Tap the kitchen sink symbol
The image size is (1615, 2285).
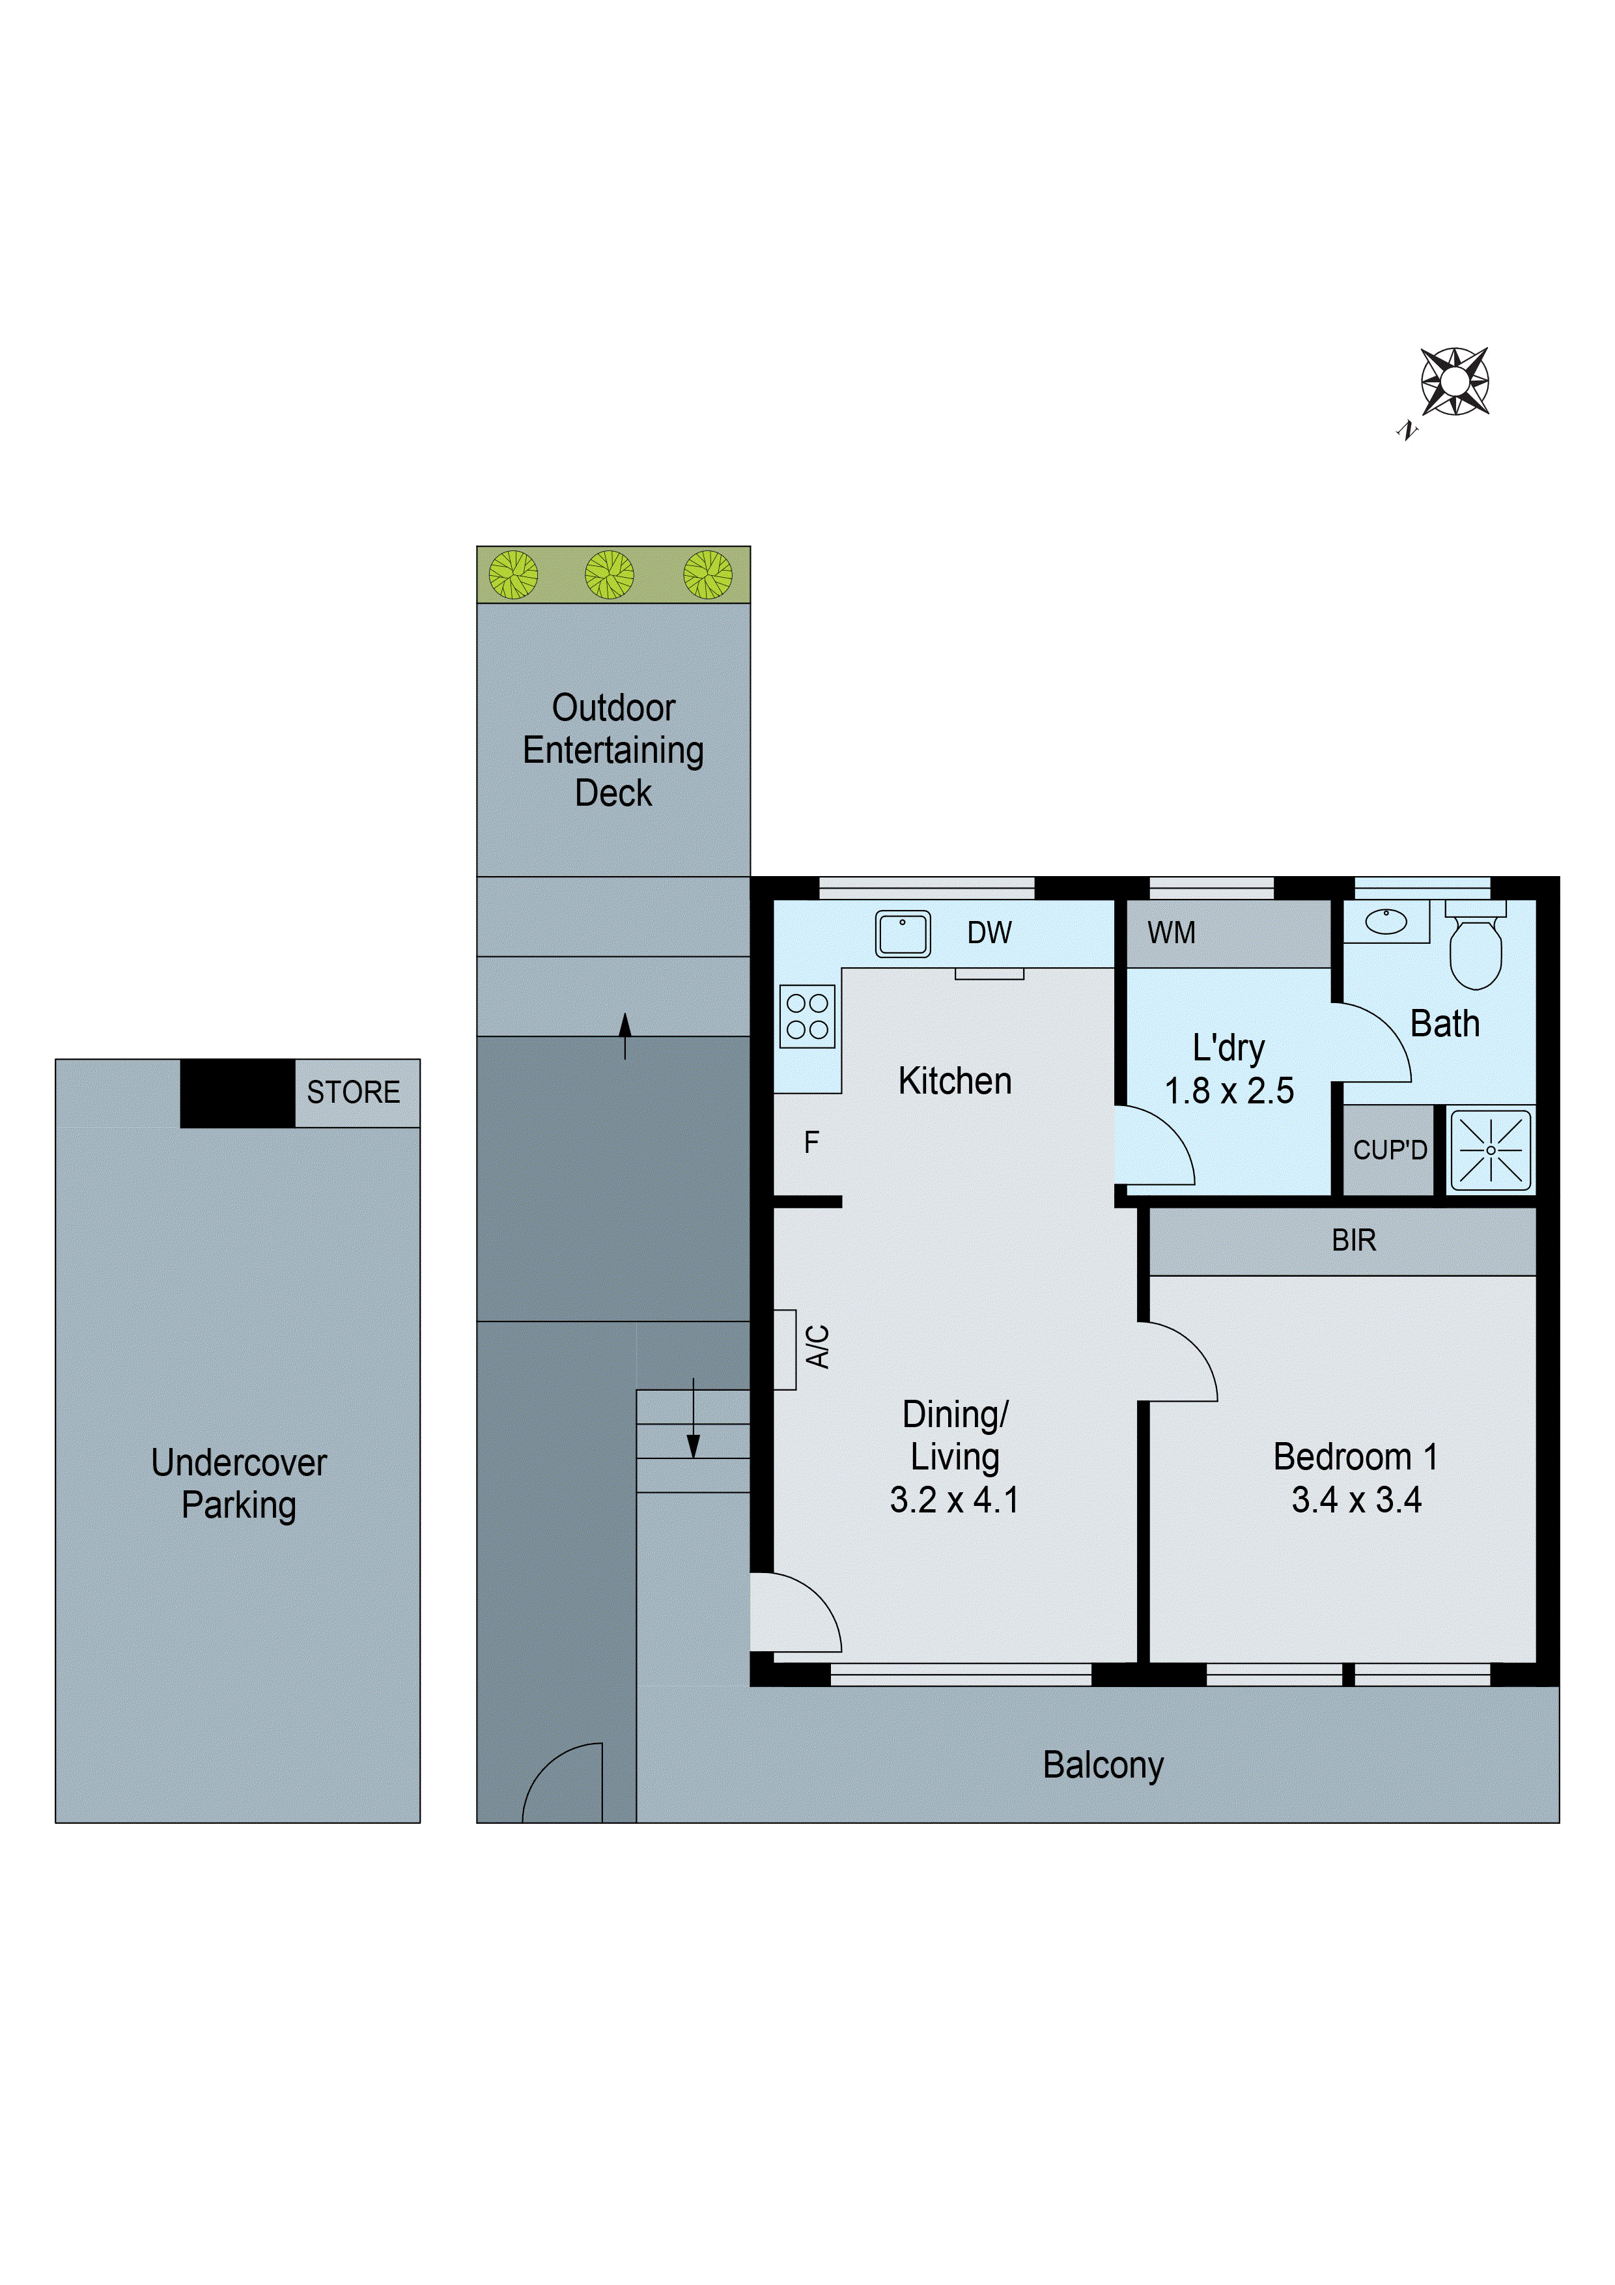[903, 933]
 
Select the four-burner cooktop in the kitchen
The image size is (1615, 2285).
[807, 1016]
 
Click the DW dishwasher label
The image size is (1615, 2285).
[989, 933]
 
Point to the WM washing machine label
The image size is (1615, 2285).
[1171, 933]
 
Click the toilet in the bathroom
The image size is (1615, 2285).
[1475, 948]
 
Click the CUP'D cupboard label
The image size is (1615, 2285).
[1390, 1150]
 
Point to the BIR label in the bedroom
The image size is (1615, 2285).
[1353, 1240]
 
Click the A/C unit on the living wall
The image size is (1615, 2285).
[785, 1348]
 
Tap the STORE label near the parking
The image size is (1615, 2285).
[353, 1093]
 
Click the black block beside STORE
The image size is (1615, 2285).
[237, 1093]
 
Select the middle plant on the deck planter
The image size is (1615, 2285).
[609, 575]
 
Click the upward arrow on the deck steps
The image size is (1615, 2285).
[625, 1035]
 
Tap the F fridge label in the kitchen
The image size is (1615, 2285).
[811, 1142]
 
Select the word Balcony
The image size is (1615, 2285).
[1102, 1765]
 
